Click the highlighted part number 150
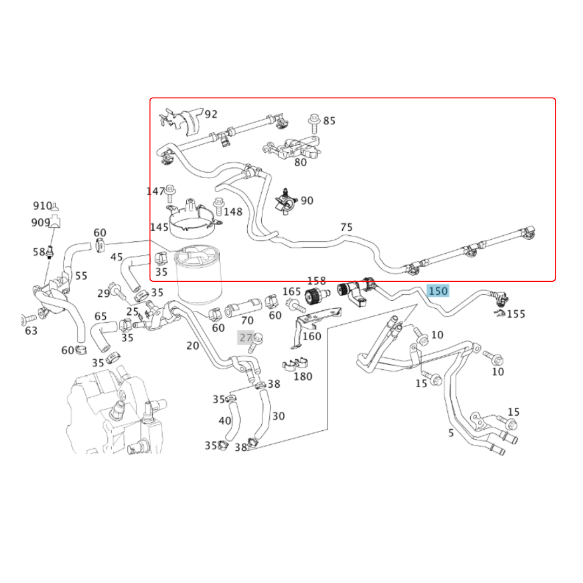(438, 291)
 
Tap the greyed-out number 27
(246, 337)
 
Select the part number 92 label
(211, 114)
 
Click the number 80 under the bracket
(300, 162)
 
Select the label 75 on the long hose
(347, 227)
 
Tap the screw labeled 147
(170, 192)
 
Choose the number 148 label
(233, 212)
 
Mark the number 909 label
(40, 222)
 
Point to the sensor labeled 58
(50, 252)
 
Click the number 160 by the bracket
(311, 336)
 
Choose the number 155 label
(516, 314)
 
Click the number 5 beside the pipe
(451, 432)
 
